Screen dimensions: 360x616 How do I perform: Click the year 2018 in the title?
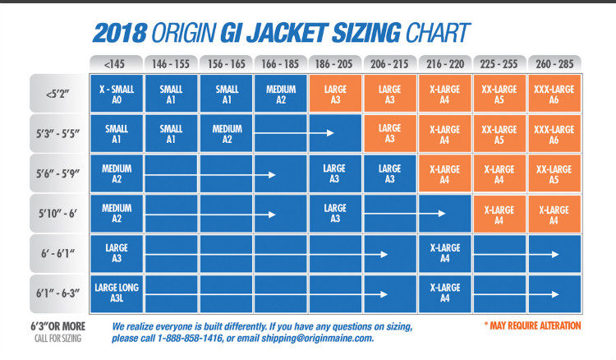[121, 32]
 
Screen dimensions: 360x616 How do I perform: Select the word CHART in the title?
[438, 32]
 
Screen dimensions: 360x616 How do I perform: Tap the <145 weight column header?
[116, 62]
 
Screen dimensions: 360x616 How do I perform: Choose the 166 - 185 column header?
[281, 62]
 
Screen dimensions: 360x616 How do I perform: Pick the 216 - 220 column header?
[445, 62]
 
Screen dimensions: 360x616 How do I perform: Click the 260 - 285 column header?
[554, 62]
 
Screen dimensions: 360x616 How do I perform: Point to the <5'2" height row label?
[58, 94]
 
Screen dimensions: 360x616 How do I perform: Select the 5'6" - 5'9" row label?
[58, 173]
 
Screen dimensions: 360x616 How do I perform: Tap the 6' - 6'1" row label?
[58, 253]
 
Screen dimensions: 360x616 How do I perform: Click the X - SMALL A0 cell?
[117, 94]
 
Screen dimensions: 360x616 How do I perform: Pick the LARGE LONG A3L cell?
[117, 293]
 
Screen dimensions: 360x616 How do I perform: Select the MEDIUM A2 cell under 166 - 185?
[281, 94]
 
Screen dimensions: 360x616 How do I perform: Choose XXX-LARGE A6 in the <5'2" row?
[554, 94]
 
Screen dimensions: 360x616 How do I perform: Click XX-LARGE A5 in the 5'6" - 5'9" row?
[554, 173]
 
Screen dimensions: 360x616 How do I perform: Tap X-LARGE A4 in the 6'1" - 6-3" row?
[445, 293]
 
